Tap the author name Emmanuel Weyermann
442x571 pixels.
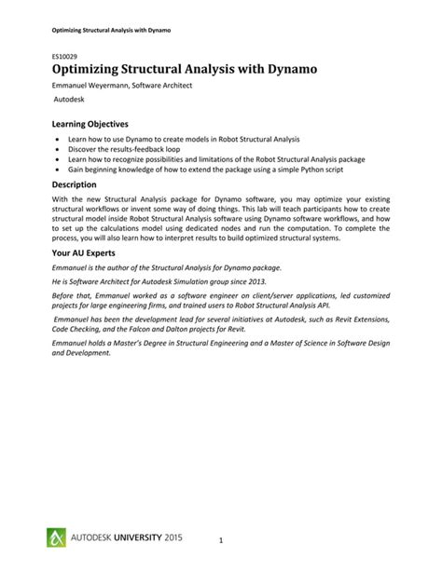click(x=97, y=86)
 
